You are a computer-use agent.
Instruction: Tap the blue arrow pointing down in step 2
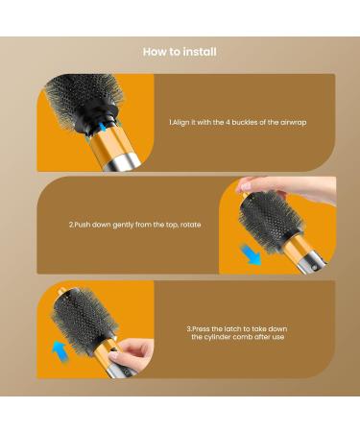click(x=250, y=255)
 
